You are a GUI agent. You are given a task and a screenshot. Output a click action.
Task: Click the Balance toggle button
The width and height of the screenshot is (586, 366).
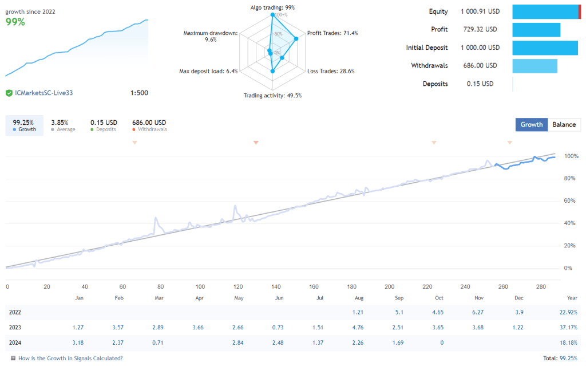click(x=564, y=124)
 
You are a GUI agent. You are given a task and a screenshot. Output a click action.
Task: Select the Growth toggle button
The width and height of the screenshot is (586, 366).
click(x=531, y=124)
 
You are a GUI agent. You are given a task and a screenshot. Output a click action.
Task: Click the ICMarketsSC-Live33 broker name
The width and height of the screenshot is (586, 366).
click(x=43, y=93)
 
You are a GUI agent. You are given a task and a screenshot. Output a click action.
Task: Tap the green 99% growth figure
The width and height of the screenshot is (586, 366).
click(x=15, y=22)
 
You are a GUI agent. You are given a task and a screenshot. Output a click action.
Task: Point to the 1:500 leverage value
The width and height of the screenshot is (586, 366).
click(x=139, y=93)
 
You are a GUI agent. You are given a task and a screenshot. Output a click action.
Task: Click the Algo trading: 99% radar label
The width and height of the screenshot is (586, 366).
click(x=272, y=7)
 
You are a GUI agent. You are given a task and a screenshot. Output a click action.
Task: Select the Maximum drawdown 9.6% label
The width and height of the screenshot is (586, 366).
click(x=210, y=37)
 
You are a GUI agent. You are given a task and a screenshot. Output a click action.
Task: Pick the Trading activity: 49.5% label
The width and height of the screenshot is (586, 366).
click(x=272, y=96)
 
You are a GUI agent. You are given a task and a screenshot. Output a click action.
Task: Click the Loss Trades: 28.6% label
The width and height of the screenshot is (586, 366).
click(x=331, y=72)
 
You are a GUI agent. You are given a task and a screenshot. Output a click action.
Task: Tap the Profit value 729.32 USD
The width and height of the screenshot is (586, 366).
click(x=478, y=29)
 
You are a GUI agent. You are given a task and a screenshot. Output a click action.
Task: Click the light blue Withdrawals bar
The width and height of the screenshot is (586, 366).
click(x=534, y=66)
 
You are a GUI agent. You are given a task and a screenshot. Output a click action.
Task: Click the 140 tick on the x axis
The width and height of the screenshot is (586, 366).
click(x=276, y=287)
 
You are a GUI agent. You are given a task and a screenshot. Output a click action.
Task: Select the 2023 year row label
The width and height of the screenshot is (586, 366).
click(x=16, y=327)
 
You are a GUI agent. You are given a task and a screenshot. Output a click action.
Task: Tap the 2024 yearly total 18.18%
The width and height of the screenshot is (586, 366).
click(x=568, y=343)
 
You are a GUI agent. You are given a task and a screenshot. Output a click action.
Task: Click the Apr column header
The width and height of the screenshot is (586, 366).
click(x=200, y=298)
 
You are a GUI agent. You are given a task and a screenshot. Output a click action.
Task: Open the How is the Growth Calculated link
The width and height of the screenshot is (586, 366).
click(x=70, y=358)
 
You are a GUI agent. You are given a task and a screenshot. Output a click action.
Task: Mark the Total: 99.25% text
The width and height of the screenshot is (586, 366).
click(x=557, y=358)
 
